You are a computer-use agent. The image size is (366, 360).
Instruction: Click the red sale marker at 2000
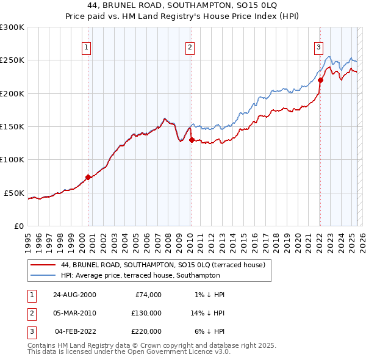[x=88, y=177]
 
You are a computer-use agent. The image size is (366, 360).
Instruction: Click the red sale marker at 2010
[x=192, y=140]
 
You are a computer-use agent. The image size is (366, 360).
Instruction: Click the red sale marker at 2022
[x=320, y=80]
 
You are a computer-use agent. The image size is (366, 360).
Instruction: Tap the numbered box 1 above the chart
[x=87, y=47]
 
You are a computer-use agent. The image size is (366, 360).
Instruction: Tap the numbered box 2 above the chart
[x=190, y=47]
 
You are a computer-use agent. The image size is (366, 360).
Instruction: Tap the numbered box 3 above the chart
[x=318, y=47]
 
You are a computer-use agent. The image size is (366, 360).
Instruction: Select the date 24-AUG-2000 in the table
[x=74, y=295]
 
